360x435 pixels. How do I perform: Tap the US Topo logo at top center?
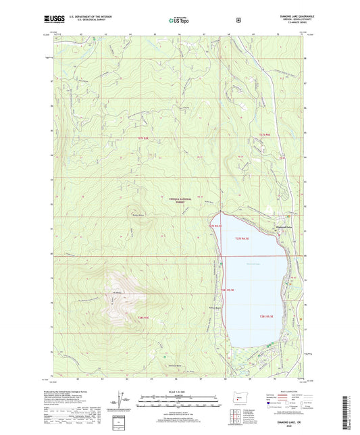[x=180, y=20]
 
